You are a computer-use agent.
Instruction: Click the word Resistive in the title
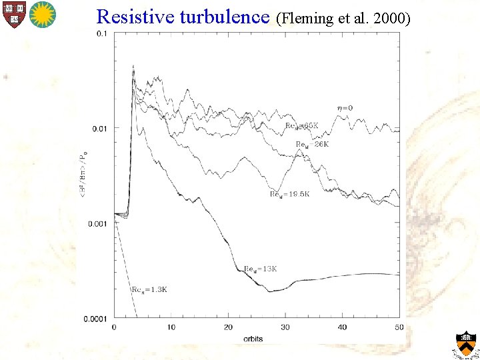tap(135, 17)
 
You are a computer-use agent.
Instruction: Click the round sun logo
tap(43, 13)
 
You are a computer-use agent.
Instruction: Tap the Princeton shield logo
tap(465, 343)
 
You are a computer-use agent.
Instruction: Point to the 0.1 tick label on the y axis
tap(103, 33)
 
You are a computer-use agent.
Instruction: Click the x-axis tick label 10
tap(171, 327)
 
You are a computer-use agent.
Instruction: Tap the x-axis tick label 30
tap(285, 327)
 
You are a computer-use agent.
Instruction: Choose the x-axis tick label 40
tap(342, 327)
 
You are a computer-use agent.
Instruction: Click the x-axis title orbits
tap(253, 339)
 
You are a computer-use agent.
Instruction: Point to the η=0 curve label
tap(345, 108)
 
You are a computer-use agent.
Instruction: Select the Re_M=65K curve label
tap(302, 125)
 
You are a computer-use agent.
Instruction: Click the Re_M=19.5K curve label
tap(290, 194)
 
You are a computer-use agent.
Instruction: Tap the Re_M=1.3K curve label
tap(149, 289)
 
